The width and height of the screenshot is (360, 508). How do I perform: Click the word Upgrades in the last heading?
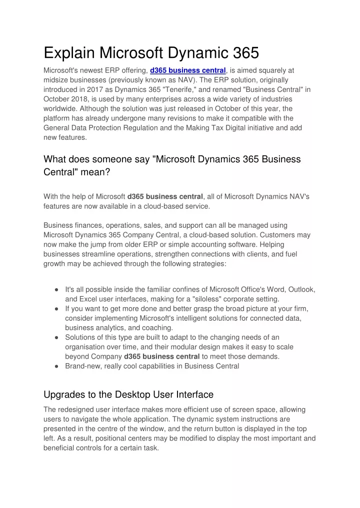coord(64,395)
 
